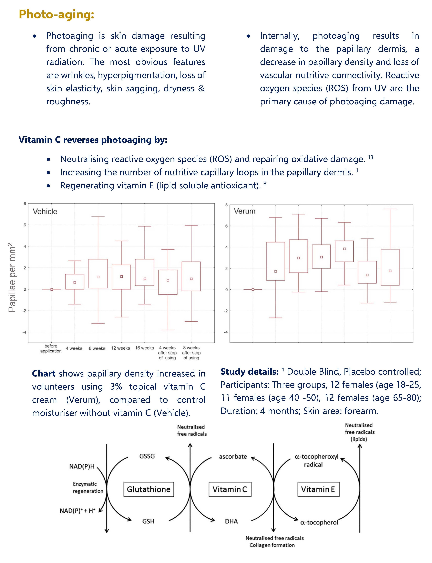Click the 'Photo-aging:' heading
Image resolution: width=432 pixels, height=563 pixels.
56,14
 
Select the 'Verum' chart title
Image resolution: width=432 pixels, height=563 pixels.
245,211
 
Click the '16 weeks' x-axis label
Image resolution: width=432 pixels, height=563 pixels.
145,348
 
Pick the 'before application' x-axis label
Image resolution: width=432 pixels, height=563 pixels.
51,349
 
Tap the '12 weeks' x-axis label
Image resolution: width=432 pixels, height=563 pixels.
121,348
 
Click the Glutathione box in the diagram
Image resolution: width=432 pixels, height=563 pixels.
149,489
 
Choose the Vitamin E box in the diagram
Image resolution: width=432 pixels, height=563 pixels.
318,489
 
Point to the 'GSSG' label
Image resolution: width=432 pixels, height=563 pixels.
147,456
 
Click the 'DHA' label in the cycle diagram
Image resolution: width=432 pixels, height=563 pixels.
232,521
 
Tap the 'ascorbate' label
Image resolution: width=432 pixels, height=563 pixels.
233,456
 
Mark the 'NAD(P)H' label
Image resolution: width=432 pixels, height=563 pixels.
82,466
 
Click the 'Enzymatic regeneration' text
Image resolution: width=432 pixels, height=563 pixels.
88,487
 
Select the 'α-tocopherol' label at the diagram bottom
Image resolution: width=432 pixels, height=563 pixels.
319,522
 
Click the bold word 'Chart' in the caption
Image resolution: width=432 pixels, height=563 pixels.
44,373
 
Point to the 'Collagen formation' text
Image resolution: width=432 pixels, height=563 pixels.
272,545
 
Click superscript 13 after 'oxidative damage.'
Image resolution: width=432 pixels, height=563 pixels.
371,157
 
